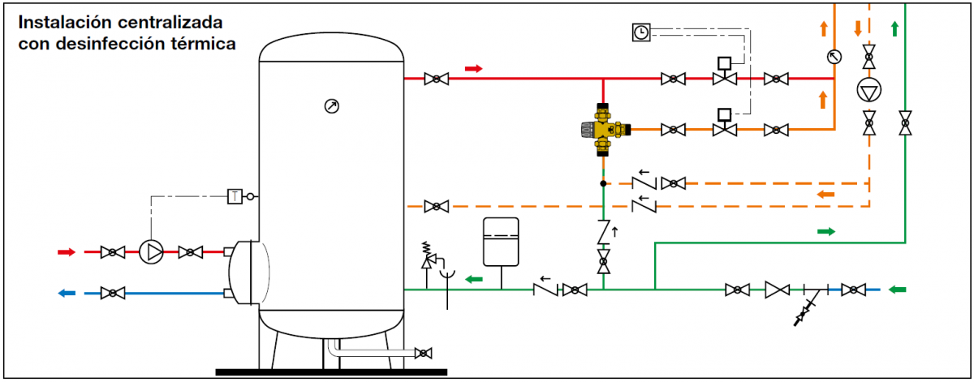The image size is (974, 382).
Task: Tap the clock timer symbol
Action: click(x=641, y=32)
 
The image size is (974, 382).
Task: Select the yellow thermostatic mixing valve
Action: click(x=605, y=130)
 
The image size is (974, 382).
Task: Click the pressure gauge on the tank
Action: click(x=332, y=106)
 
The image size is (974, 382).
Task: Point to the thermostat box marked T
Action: click(x=235, y=196)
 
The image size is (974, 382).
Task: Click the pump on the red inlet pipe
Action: click(x=151, y=252)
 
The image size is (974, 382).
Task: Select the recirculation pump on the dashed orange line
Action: click(x=868, y=90)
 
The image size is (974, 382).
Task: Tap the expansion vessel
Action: click(x=501, y=242)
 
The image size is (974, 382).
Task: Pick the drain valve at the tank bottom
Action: click(x=423, y=353)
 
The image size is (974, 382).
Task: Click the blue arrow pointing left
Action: click(x=67, y=294)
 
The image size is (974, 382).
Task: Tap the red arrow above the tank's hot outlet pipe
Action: click(x=473, y=69)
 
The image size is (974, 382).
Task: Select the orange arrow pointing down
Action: click(x=858, y=28)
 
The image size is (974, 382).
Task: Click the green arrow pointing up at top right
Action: click(x=894, y=28)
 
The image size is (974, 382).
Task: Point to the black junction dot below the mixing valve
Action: click(x=603, y=183)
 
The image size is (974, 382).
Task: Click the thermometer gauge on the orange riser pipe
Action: click(x=834, y=57)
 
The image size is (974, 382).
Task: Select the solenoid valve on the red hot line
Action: click(x=724, y=71)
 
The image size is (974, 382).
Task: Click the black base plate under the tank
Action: click(x=331, y=372)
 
